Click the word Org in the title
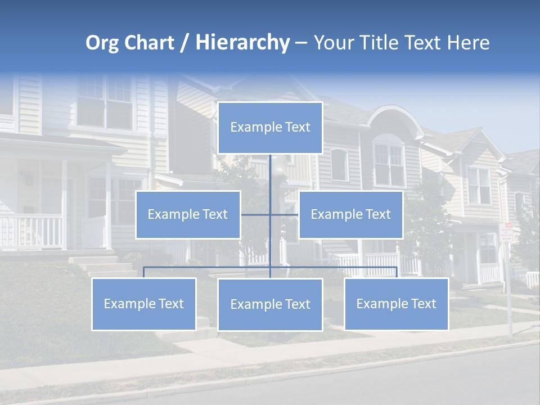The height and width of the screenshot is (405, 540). [x=100, y=43]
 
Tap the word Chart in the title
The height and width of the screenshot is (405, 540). [x=147, y=43]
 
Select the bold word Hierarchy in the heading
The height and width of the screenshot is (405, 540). [x=242, y=43]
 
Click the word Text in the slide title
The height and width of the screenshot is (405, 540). [x=426, y=43]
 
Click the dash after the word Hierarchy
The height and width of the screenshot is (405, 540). [x=301, y=43]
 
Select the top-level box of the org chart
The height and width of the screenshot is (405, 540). [x=270, y=128]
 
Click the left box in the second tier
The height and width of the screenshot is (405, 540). [x=188, y=214]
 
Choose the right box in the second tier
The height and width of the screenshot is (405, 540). [x=350, y=214]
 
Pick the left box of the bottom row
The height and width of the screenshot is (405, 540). [x=144, y=304]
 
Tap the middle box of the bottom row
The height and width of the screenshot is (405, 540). [x=270, y=304]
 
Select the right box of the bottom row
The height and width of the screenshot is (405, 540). [x=396, y=304]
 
